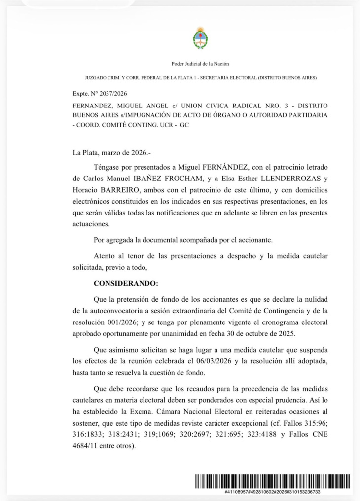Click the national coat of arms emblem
[x=200, y=38]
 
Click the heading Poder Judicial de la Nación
[x=200, y=64]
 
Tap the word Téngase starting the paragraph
[x=107, y=169]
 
